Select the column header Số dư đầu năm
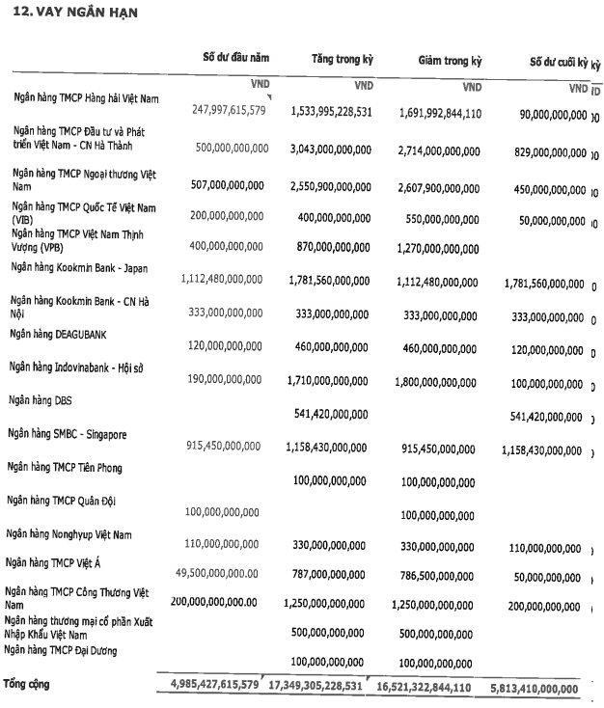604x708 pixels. (x=236, y=58)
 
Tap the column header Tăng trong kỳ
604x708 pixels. (x=342, y=60)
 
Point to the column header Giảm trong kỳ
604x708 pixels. (x=450, y=61)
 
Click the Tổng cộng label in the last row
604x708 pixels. (x=26, y=684)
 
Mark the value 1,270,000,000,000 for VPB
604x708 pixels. (x=439, y=249)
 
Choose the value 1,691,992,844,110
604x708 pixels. (x=439, y=113)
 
